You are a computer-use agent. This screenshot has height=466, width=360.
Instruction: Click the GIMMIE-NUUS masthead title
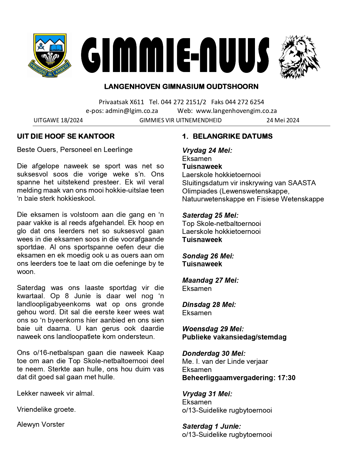pos(175,55)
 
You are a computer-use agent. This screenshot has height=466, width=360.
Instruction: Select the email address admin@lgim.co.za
pos(132,111)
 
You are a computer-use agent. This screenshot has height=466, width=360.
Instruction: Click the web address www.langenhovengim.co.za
pos(236,111)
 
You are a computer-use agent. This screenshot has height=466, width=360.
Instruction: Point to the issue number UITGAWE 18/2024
pos(58,120)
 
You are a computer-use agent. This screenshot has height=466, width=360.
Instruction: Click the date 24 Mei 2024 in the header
pos(283,120)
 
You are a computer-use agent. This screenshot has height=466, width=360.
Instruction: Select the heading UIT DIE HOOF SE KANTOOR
pos(66,136)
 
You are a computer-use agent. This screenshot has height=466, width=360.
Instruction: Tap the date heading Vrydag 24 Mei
pos(207,151)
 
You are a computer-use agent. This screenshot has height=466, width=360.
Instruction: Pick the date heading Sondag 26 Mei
pos(208,256)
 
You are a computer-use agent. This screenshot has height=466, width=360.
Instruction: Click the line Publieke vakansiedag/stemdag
pos(234,337)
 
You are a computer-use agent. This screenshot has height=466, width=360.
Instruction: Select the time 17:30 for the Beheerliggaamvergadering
pos(287,378)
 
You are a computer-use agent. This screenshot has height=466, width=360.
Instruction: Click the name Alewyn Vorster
pos(41,424)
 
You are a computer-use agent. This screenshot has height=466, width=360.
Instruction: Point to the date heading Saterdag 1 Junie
pos(211,426)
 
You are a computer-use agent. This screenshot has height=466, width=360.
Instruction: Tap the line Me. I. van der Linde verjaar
pos(225,362)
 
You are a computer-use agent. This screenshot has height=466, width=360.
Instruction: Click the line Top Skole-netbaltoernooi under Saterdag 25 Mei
pos(222,224)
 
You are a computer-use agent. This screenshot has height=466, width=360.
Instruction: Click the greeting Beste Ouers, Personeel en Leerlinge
pos(75,150)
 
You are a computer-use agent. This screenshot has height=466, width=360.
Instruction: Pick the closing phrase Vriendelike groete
pos(46,410)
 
